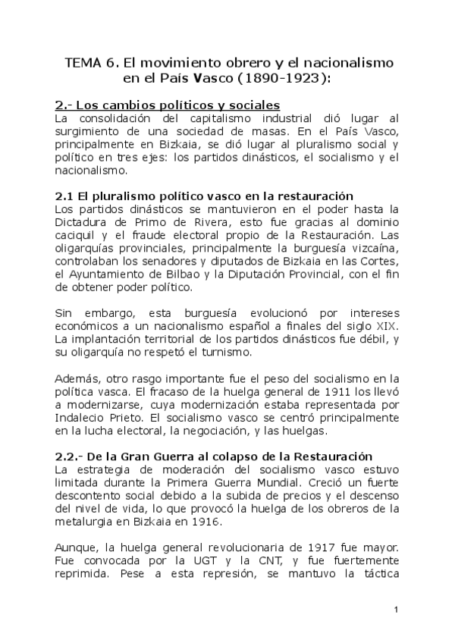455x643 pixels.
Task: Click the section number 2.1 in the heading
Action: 65,196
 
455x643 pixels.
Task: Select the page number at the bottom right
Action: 397,610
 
